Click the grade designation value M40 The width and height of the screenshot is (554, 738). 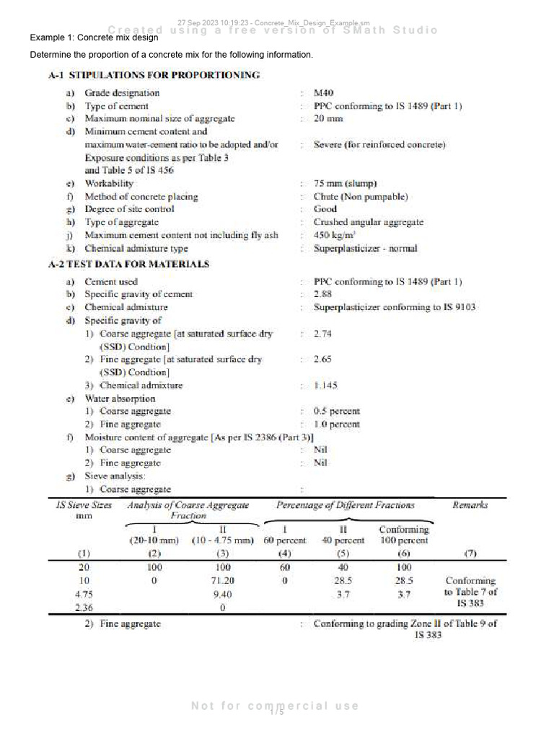[323, 93]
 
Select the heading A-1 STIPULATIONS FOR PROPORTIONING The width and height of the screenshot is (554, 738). [154, 75]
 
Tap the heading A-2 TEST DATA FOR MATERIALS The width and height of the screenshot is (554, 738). [128, 264]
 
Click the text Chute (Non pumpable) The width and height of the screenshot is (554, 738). [361, 197]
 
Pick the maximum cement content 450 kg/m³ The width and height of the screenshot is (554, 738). [333, 235]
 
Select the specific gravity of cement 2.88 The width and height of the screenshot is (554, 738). [324, 295]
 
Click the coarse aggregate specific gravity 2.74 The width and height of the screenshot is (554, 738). [322, 334]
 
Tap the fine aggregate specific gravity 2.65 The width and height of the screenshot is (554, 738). [322, 360]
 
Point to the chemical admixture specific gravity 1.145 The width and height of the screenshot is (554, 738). [325, 386]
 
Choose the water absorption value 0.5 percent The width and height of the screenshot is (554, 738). [337, 412]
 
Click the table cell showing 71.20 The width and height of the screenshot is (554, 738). [222, 581]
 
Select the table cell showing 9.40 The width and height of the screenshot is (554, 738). [222, 595]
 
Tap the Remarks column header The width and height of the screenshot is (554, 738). [470, 505]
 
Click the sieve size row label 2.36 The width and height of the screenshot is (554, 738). [84, 608]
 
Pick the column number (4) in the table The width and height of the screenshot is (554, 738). [285, 553]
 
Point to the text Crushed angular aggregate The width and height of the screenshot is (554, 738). [369, 223]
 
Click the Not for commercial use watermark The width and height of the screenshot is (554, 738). [275, 706]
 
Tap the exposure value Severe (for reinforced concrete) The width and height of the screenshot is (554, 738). [379, 145]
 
